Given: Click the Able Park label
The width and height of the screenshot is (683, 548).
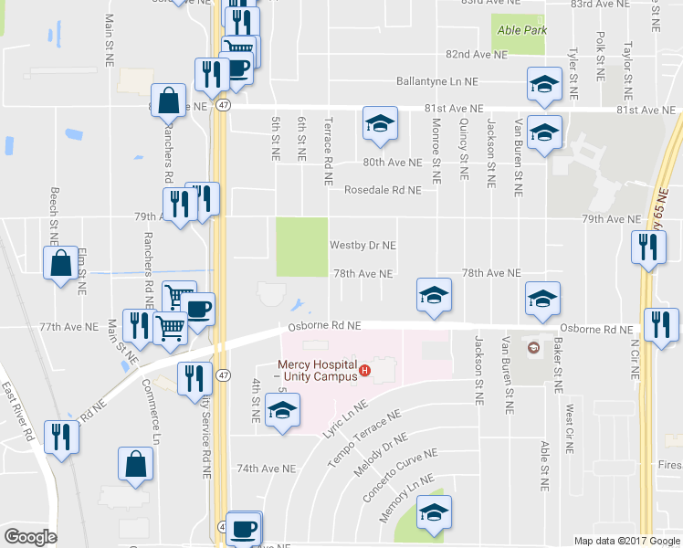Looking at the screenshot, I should click(x=521, y=30).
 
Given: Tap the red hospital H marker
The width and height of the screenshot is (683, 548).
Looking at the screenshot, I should click(x=364, y=370).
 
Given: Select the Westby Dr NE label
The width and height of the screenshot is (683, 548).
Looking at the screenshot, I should click(x=363, y=246).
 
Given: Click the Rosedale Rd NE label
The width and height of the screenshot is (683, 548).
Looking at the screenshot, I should click(x=383, y=190).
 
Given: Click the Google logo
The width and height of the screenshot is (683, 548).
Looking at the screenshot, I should click(x=31, y=537).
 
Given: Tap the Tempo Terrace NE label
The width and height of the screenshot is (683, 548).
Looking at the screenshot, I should click(x=363, y=437).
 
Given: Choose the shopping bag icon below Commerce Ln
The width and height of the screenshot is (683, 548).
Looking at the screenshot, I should click(x=135, y=463).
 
